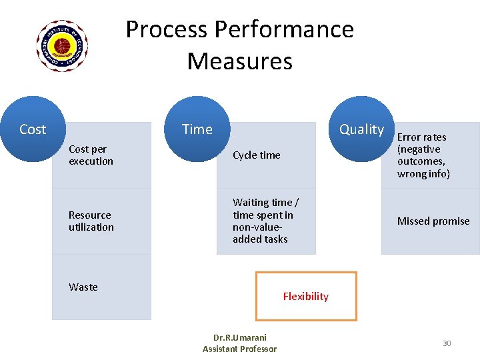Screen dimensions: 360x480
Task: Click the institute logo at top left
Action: [62, 45]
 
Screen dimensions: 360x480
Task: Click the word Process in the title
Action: [167, 30]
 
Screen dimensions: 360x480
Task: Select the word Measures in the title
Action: [240, 61]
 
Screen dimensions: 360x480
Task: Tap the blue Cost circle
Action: [33, 129]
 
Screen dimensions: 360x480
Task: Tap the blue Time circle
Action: [197, 129]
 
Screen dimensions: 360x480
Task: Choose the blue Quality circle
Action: [361, 129]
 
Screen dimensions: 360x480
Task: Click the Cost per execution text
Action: [91, 155]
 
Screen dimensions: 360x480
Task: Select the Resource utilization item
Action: [91, 221]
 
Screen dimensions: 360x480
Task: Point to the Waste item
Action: [83, 287]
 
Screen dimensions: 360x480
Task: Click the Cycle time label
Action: [257, 155]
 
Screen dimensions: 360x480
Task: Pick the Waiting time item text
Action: [265, 221]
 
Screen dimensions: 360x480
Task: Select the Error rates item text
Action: [423, 155]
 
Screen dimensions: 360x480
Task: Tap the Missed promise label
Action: [433, 221]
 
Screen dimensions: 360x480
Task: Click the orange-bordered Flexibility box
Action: [306, 296]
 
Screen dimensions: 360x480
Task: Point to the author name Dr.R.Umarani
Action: [239, 338]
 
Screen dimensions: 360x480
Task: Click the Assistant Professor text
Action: [239, 349]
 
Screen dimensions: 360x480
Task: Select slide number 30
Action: [447, 343]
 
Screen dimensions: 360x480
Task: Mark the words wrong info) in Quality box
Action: [423, 174]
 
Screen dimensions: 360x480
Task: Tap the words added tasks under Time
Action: [260, 239]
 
